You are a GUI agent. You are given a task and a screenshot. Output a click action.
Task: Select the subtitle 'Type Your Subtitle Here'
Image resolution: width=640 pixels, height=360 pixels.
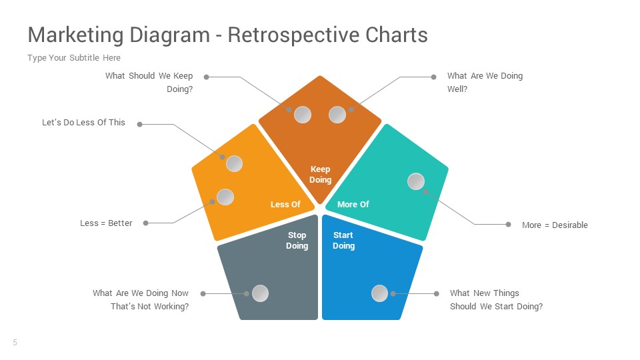point(74,58)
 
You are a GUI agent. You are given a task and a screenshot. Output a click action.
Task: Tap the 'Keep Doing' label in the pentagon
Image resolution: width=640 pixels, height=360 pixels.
point(320,175)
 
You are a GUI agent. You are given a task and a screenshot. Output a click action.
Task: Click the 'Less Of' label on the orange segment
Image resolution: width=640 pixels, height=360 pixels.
point(285,205)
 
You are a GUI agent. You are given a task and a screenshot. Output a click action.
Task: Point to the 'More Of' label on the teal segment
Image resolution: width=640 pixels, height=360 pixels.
point(353,205)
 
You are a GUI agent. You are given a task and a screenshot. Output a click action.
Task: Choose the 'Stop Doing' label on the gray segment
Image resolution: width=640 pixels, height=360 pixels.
point(297,241)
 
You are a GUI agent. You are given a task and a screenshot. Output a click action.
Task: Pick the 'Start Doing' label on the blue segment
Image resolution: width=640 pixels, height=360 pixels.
point(343,241)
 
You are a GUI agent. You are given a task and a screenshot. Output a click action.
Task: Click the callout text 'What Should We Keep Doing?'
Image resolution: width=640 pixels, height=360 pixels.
point(149,83)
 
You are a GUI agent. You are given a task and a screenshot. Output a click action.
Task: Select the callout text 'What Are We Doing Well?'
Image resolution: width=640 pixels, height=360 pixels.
point(485,83)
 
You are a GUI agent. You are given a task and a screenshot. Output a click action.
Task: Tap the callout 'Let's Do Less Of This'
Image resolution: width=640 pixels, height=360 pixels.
point(83,123)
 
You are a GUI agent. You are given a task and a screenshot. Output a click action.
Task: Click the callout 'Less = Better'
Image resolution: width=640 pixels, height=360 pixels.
point(106,223)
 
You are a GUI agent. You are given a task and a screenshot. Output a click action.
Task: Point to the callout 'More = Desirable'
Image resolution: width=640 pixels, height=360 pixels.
point(555,225)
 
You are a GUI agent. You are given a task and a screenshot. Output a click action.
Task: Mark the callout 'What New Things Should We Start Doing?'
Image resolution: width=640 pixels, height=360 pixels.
point(496,300)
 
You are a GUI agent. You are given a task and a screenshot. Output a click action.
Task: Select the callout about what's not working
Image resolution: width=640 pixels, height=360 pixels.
point(141,300)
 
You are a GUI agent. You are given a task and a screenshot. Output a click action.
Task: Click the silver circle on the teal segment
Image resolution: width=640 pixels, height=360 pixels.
point(416,181)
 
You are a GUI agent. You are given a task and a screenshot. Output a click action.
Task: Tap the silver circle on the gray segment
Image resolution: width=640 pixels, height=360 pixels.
point(260,293)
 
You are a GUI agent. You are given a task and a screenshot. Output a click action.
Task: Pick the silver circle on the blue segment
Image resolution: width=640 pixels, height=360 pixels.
point(379,293)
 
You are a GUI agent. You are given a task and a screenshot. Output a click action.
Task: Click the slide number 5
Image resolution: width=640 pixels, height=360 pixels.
point(15,343)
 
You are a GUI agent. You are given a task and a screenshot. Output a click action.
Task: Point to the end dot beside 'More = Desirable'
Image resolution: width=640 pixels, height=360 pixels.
point(508,225)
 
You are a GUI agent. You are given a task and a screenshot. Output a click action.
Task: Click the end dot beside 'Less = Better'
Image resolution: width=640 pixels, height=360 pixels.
point(145,223)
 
